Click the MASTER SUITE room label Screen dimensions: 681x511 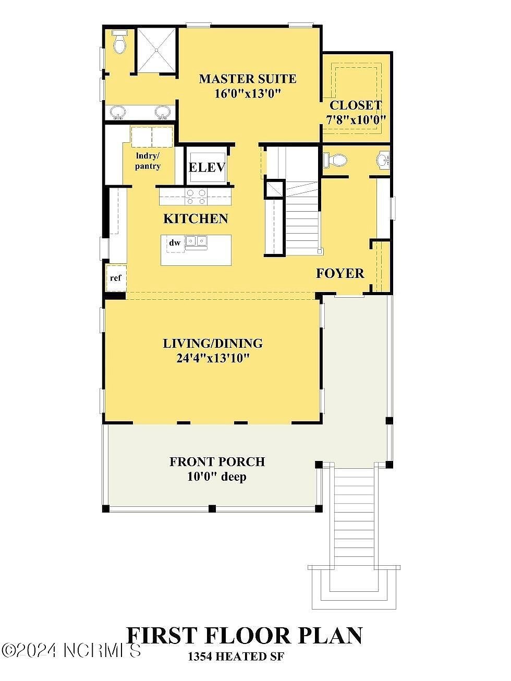pyautogui.click(x=248, y=79)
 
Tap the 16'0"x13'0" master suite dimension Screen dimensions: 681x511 pyautogui.click(x=248, y=93)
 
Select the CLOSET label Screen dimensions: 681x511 pyautogui.click(x=356, y=105)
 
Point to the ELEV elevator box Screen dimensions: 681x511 pyautogui.click(x=206, y=167)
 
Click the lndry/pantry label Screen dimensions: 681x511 pyautogui.click(x=148, y=161)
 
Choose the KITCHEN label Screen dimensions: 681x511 pyautogui.click(x=196, y=218)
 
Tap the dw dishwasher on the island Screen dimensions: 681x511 pyautogui.click(x=175, y=243)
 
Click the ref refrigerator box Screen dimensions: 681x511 pyautogui.click(x=116, y=278)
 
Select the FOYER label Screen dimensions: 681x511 pyautogui.click(x=340, y=273)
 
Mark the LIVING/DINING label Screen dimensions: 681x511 pyautogui.click(x=213, y=343)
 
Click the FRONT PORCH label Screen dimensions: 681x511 pyautogui.click(x=217, y=461)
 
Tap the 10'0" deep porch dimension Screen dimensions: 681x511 pyautogui.click(x=217, y=476)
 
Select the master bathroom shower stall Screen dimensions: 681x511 pyautogui.click(x=156, y=49)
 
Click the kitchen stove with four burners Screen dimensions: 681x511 pyautogui.click(x=196, y=197)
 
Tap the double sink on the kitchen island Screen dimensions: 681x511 pyautogui.click(x=197, y=241)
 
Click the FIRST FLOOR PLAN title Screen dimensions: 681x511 pyautogui.click(x=245, y=636)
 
